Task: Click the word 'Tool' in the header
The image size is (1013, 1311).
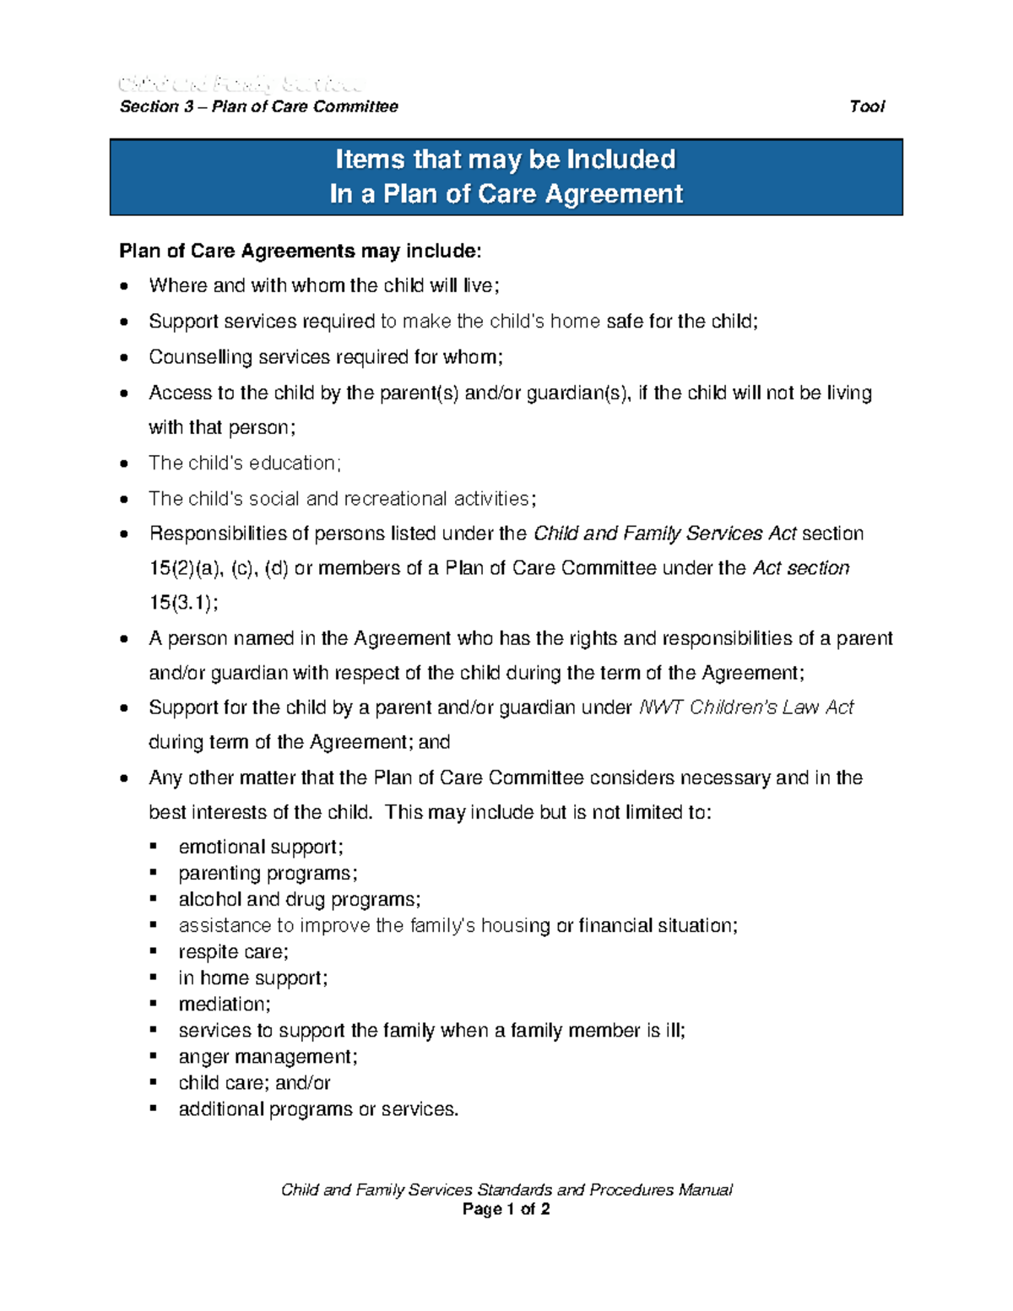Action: [x=866, y=106]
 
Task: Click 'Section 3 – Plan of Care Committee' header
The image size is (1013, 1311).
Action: [x=258, y=106]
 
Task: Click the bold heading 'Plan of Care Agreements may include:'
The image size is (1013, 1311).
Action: [x=301, y=251]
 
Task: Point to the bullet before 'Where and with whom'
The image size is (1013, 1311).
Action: [x=125, y=286]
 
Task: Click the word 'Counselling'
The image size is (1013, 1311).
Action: [x=200, y=357]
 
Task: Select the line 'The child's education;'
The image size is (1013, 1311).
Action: [x=245, y=463]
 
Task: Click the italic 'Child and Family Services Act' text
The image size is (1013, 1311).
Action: [x=665, y=534]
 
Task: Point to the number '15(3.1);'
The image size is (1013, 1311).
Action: [x=183, y=603]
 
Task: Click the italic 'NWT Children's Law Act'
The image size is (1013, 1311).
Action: [x=746, y=707]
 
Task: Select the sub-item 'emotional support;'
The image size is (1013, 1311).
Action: [x=261, y=847]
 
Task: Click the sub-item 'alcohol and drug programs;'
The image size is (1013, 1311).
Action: [x=299, y=899]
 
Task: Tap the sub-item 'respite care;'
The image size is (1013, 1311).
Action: [x=233, y=951]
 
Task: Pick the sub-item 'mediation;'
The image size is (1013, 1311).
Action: [x=225, y=1004]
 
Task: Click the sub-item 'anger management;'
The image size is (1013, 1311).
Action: [x=268, y=1056]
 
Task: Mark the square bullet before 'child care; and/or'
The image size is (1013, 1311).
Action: [x=154, y=1082]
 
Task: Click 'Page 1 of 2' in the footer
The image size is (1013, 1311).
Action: [x=506, y=1209]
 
